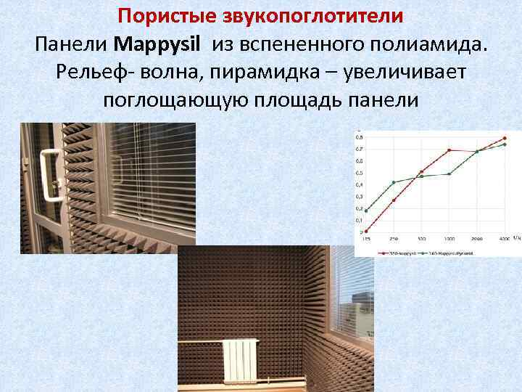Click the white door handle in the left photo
pyautogui.click(x=50, y=173)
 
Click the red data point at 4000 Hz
pyautogui.click(x=504, y=139)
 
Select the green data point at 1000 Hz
pyautogui.click(x=449, y=173)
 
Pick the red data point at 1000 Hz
pyautogui.click(x=449, y=150)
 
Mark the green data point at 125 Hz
pyautogui.click(x=366, y=211)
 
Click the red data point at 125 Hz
pyautogui.click(x=366, y=232)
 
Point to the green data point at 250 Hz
pyautogui.click(x=394, y=182)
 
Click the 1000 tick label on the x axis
pyautogui.click(x=449, y=238)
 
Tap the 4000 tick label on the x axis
pyautogui.click(x=504, y=238)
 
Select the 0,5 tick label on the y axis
pyautogui.click(x=360, y=173)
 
